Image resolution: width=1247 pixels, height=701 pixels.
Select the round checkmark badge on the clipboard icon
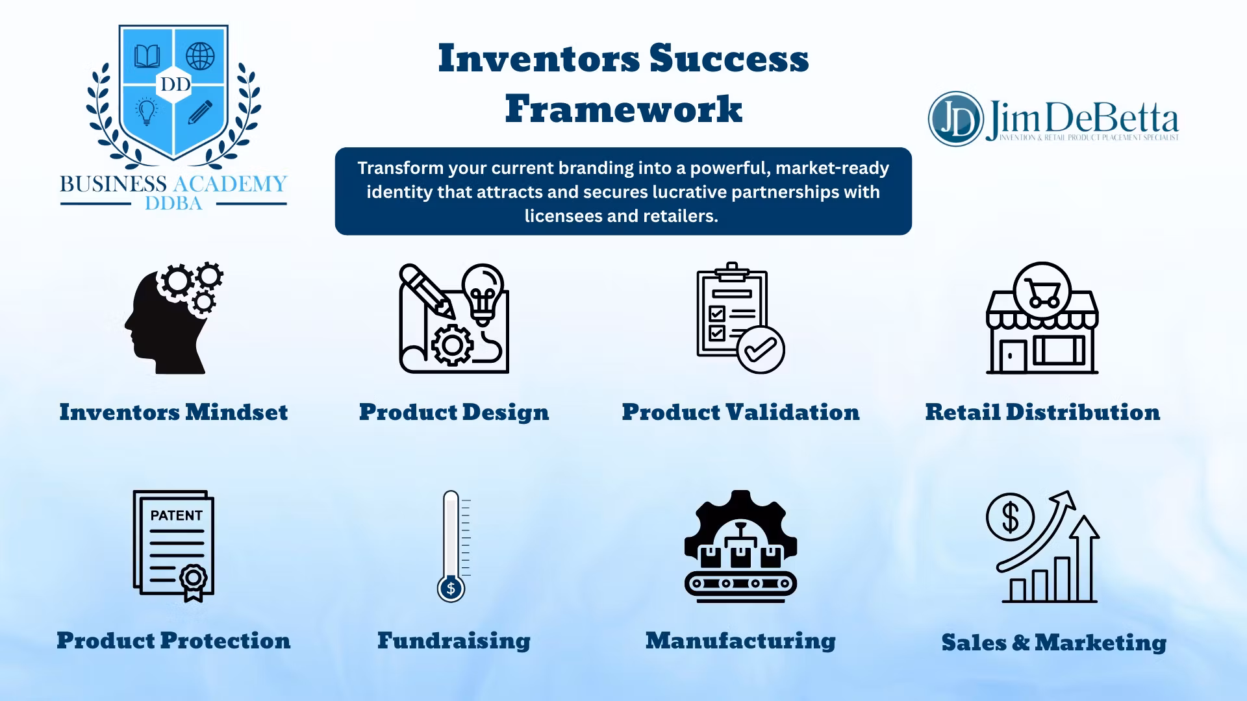pos(761,350)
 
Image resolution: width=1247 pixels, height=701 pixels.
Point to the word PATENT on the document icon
pos(176,515)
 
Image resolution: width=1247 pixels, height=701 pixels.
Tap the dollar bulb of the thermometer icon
pos(451,588)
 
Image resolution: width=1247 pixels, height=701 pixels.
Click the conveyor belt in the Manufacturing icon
pos(740,584)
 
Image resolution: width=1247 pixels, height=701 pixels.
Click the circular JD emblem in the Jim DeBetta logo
pos(955,119)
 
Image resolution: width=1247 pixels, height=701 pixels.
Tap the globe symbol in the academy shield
pos(200,56)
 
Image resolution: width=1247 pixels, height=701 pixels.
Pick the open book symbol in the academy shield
pos(147,56)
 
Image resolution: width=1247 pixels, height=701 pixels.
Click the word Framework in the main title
pos(623,108)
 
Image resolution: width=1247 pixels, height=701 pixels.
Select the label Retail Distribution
pos(1042,412)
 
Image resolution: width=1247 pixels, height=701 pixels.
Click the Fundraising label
pos(454,641)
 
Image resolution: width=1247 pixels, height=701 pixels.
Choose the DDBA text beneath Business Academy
pos(173,203)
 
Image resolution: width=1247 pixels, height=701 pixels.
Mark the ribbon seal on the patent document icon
pos(193,580)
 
